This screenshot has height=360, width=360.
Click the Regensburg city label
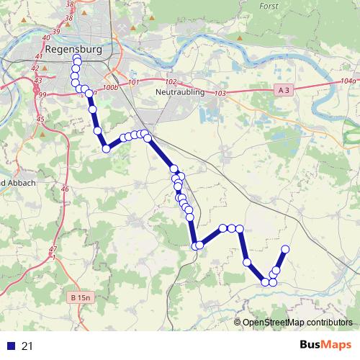(73, 50)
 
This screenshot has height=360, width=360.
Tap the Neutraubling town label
(180, 93)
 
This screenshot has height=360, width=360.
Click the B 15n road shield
(83, 297)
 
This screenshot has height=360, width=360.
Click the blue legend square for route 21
(9, 346)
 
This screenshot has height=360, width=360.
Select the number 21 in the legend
(28, 346)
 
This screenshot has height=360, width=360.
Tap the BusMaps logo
(324, 346)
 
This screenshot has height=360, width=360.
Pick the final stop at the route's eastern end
(284, 249)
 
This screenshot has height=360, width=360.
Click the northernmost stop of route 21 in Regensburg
(76, 58)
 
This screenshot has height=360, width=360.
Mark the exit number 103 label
(220, 94)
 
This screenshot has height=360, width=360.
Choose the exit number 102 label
(171, 82)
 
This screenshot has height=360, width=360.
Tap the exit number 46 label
(66, 189)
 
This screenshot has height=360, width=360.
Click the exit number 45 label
(40, 119)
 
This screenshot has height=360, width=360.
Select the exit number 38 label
(69, 4)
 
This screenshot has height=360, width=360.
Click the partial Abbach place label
(17, 183)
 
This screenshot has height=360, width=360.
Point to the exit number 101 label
(133, 83)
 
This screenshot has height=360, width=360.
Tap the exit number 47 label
(53, 248)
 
